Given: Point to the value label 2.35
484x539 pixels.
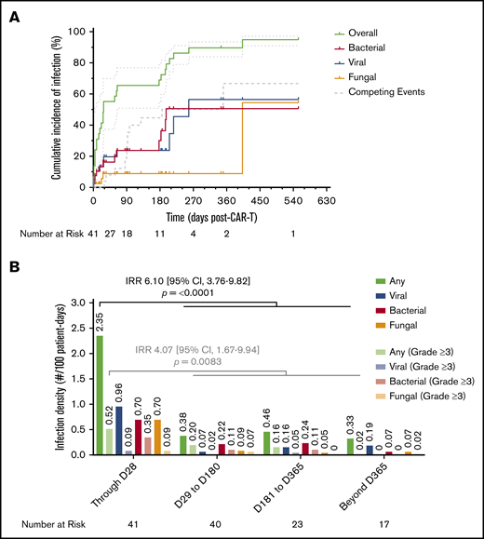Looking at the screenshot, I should pos(100,323).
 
